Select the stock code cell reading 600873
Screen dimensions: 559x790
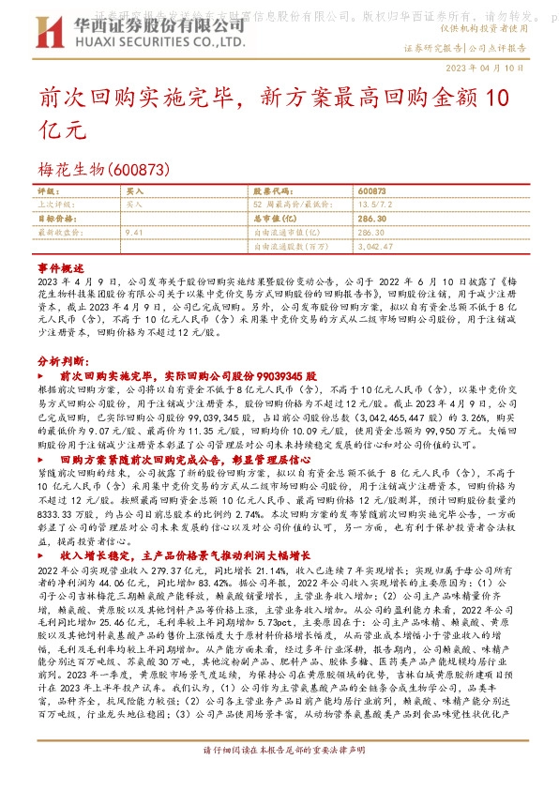(371, 190)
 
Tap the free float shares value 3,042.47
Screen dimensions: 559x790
(376, 245)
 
